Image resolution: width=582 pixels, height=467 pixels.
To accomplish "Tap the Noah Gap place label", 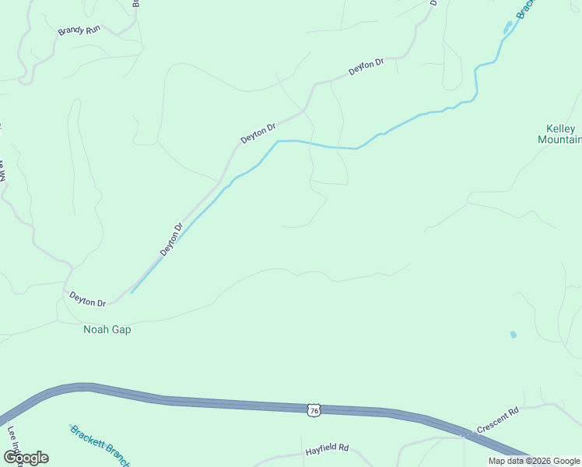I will coord(107,329).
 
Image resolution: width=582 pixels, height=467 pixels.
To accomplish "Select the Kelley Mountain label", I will coord(559,134).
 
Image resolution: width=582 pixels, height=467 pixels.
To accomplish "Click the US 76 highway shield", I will coord(313,409).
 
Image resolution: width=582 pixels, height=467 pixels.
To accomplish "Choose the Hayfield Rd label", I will coord(326,449).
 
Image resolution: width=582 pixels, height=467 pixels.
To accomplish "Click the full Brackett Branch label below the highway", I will coord(99,444).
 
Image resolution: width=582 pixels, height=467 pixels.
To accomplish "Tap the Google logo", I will coord(26,458).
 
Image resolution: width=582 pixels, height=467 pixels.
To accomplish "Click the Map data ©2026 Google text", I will coord(534,461).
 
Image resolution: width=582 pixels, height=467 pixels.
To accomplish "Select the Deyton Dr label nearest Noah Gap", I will coord(87,299).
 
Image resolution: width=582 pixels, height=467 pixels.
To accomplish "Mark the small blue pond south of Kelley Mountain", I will coord(513,335).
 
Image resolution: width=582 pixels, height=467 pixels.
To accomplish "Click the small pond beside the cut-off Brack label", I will coord(508,29).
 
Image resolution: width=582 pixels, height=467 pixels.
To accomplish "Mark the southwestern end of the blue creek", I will coord(131,293).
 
